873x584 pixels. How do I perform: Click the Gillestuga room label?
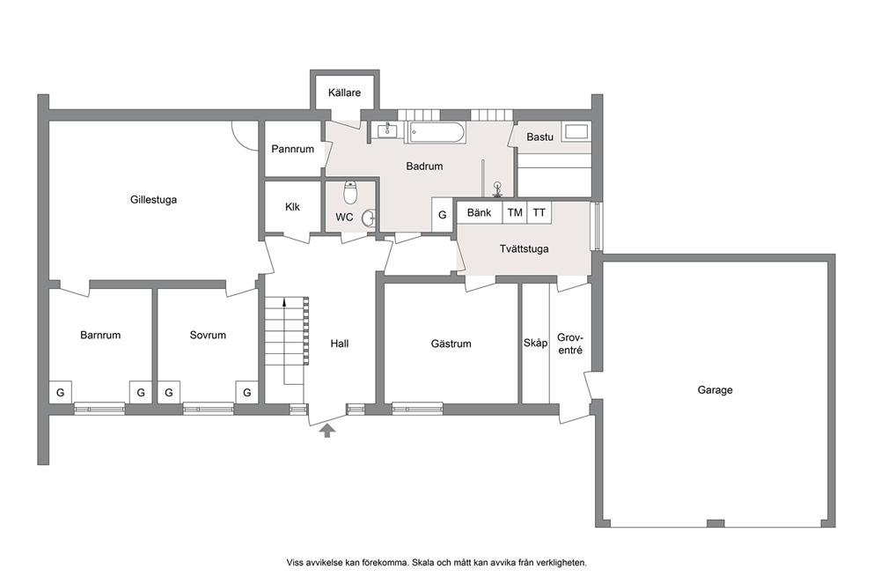[x=154, y=199]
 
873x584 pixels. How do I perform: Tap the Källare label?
[x=344, y=92]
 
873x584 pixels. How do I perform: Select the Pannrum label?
[x=292, y=149]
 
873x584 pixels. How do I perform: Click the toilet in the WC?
[x=350, y=192]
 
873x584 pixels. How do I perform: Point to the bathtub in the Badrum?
[x=437, y=133]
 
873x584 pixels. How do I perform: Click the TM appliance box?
[x=515, y=212]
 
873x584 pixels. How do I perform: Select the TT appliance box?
[x=539, y=212]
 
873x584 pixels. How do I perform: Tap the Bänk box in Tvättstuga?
[x=480, y=212]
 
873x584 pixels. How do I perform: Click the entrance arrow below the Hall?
[x=327, y=430]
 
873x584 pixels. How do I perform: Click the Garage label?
[x=715, y=390]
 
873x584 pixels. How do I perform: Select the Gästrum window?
[x=417, y=409]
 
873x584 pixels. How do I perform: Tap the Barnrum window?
[x=99, y=409]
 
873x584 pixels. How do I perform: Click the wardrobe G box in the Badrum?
[x=443, y=215]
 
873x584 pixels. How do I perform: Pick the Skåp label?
[x=535, y=344]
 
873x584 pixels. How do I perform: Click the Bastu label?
[x=540, y=137]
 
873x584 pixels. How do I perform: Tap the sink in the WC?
[x=369, y=218]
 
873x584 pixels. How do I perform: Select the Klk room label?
[x=292, y=207]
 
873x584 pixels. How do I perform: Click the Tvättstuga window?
[x=597, y=226]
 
